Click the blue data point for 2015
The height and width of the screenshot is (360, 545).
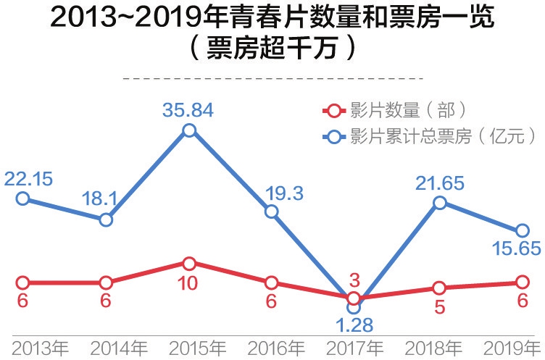pyautogui.click(x=188, y=130)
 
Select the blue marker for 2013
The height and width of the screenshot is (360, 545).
pyautogui.click(x=22, y=198)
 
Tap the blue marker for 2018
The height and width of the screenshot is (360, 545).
pyautogui.click(x=438, y=203)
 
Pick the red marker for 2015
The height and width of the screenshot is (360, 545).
pyautogui.click(x=188, y=263)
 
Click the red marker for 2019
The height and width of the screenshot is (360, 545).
pyautogui.click(x=522, y=282)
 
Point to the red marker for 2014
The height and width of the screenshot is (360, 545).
pyautogui.click(x=106, y=282)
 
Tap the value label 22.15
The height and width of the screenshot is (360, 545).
pyautogui.click(x=28, y=178)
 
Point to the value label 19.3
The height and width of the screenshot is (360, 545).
pyautogui.click(x=286, y=192)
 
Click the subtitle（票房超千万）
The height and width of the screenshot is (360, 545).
pyautogui.click(x=272, y=50)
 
